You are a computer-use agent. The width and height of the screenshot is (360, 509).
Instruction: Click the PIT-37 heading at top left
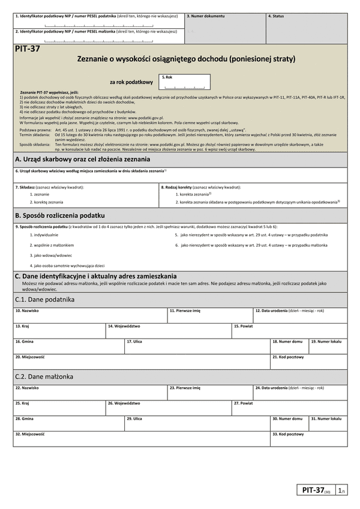click(x=28, y=49)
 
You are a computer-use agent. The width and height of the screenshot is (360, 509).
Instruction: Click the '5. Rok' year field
click(x=185, y=82)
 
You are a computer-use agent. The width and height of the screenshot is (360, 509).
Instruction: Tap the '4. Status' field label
click(x=276, y=16)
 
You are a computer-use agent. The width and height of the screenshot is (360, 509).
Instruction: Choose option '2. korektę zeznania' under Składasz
click(x=47, y=202)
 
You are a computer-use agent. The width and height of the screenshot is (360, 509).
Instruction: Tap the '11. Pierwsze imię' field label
click(x=185, y=311)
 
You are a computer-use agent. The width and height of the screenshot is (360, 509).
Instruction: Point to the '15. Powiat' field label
click(x=243, y=326)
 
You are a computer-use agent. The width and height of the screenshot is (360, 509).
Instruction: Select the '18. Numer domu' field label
click(x=288, y=341)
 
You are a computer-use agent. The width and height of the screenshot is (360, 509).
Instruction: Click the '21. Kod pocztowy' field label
click(x=288, y=357)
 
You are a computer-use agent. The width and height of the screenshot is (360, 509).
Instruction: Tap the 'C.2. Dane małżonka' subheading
click(x=44, y=376)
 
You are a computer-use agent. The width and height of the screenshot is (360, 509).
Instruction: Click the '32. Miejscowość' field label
click(x=30, y=433)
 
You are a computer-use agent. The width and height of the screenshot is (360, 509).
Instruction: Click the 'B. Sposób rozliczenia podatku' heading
click(x=60, y=215)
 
